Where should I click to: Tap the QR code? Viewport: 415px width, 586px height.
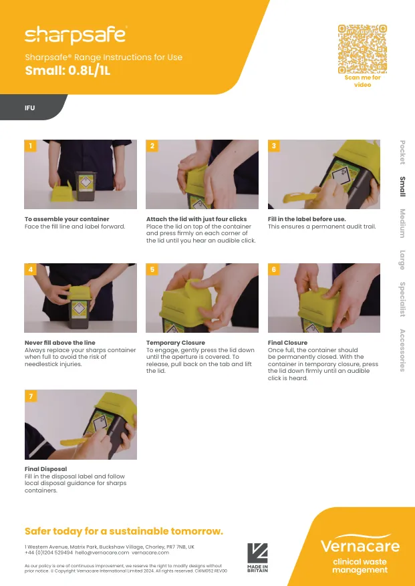tap(362, 49)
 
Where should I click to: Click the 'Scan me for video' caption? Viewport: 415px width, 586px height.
tap(362, 81)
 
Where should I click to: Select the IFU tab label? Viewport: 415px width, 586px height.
tap(30, 108)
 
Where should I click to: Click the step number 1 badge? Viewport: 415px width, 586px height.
tap(30, 146)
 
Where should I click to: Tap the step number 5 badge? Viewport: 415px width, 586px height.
tap(152, 269)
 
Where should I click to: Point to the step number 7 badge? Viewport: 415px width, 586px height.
tap(31, 396)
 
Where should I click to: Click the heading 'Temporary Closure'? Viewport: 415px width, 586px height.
tap(176, 343)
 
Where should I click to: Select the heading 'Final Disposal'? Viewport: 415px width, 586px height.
tap(46, 469)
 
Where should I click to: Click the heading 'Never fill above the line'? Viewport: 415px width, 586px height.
tap(60, 343)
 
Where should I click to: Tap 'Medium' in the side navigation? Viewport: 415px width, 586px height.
tap(402, 223)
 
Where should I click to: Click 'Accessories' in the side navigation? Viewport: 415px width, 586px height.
tap(402, 350)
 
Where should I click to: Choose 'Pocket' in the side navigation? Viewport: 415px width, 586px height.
tap(402, 152)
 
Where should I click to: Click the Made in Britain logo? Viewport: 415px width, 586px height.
tap(257, 557)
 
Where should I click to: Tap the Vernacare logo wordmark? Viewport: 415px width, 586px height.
tap(360, 545)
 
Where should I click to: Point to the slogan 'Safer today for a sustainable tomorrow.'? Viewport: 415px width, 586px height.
tap(124, 531)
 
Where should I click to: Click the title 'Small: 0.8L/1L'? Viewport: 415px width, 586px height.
tap(67, 70)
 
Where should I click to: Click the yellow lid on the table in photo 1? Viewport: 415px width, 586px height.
tap(61, 192)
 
